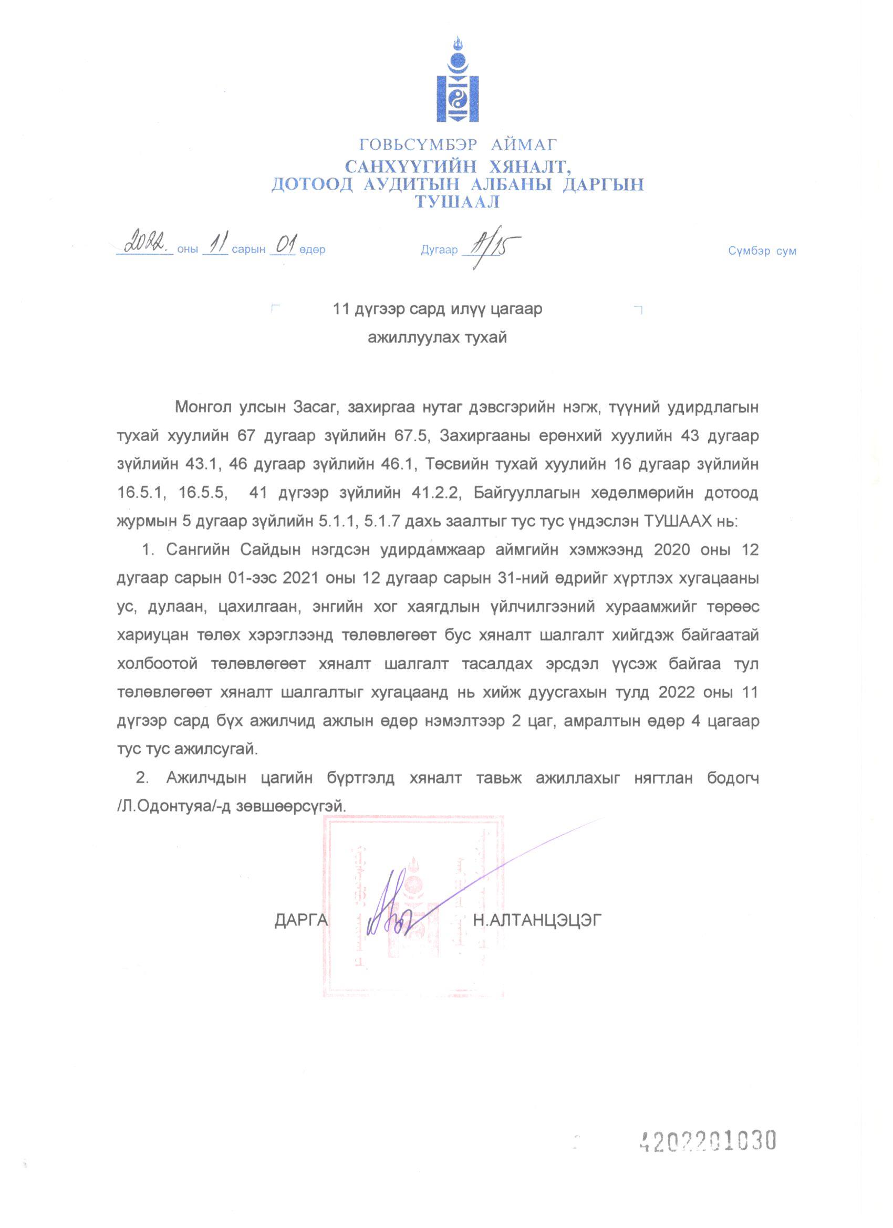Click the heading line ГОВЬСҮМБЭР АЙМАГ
(458, 144)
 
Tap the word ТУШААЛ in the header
(458, 202)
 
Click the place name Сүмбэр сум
(762, 251)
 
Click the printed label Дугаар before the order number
(439, 251)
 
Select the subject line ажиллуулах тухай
(438, 338)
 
